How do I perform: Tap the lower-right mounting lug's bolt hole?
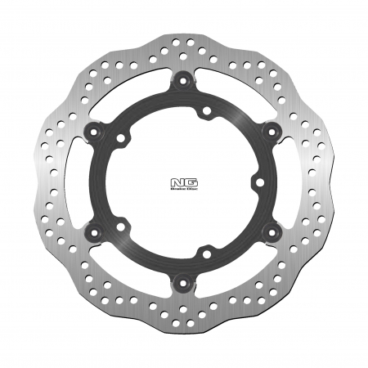(270, 232)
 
